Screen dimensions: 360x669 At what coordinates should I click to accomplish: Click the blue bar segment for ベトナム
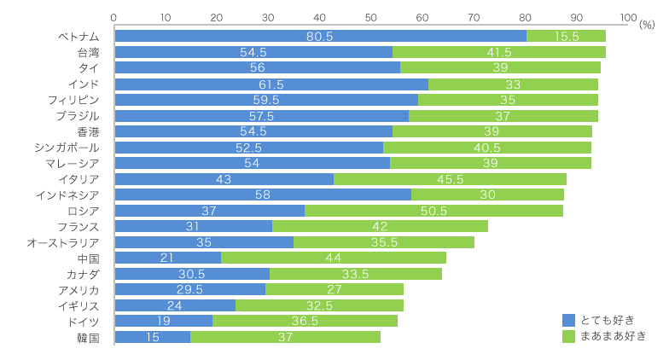coord(320,36)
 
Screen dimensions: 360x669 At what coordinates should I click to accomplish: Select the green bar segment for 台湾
coord(498,52)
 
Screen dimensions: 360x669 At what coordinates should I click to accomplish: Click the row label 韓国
coord(88,338)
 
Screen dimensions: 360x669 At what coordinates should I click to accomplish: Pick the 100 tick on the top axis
coord(627,16)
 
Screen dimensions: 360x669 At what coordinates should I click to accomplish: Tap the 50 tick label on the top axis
coord(371,16)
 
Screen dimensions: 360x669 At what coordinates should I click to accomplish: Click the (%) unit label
coord(646,26)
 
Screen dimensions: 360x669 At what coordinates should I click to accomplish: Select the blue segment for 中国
coord(167,258)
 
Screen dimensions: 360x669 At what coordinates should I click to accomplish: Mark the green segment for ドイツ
coord(305,321)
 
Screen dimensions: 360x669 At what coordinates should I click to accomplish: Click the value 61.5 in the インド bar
coord(271,84)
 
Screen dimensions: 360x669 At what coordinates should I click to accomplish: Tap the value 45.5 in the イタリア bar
coord(450,179)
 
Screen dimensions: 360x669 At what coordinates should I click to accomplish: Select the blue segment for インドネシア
coord(263,195)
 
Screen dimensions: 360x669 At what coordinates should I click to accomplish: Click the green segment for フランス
coord(380,226)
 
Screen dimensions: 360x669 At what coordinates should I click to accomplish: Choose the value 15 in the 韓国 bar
coord(152,337)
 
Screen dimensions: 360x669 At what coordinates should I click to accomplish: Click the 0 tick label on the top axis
coord(114,16)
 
